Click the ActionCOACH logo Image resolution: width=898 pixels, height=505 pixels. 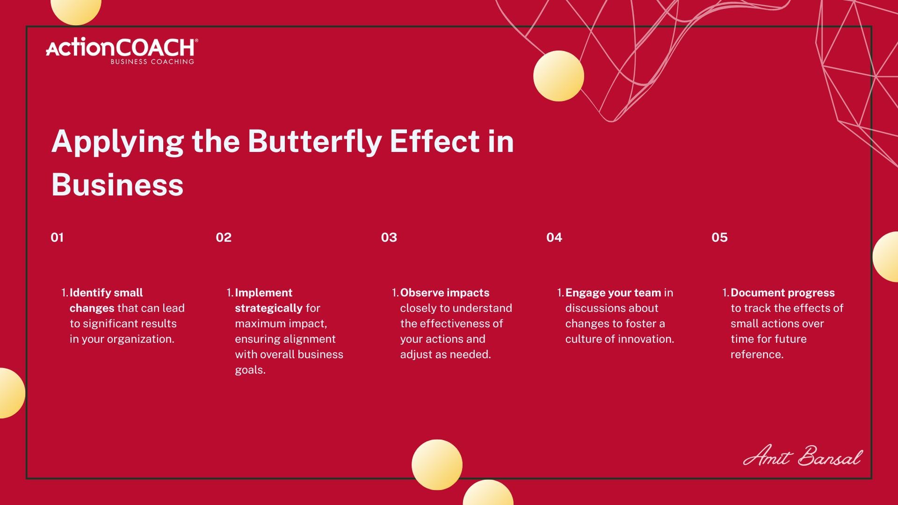tap(122, 51)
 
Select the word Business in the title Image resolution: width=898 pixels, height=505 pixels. tap(117, 185)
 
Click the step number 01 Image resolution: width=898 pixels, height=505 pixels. tap(57, 238)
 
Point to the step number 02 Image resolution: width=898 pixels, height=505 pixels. tap(224, 238)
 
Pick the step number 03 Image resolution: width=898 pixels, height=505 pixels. tap(389, 238)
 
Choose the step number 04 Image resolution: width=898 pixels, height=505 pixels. tap(554, 238)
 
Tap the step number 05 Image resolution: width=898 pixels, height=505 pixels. tap(720, 238)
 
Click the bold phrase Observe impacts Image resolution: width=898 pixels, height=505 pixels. tap(445, 293)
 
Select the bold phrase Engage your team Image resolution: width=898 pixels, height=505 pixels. tap(613, 293)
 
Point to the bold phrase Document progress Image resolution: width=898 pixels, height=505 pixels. tap(782, 293)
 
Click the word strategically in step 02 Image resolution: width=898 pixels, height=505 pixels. tap(269, 309)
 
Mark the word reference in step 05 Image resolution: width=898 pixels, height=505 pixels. tap(757, 354)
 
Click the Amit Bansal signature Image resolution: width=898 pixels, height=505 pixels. tap(802, 456)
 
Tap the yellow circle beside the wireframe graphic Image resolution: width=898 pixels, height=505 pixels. tap(558, 76)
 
